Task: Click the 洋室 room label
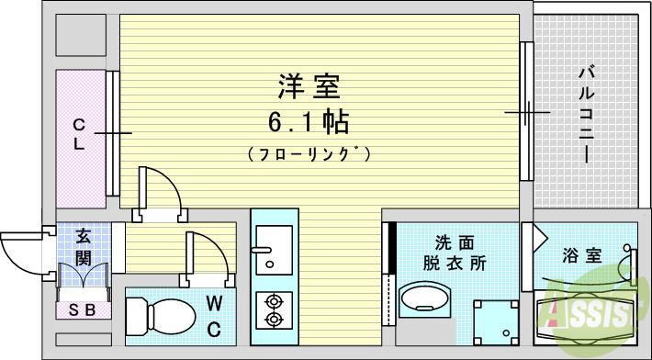coord(309,88)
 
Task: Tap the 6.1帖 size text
coord(309,121)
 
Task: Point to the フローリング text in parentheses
coord(309,153)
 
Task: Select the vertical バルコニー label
coord(585,115)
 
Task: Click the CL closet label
coord(80,134)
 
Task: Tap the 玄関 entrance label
coord(84,246)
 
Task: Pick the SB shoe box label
coord(84,309)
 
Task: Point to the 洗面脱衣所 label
coord(455,253)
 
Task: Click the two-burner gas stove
coord(274,309)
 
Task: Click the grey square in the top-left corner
coord(80,36)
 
